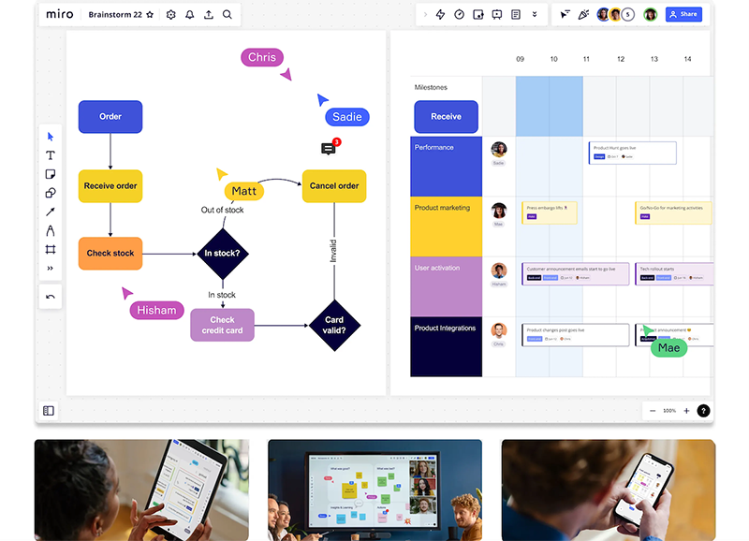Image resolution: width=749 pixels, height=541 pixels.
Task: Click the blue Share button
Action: [683, 14]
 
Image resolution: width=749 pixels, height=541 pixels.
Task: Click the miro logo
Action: [59, 14]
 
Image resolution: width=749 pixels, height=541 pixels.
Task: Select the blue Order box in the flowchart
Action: [110, 117]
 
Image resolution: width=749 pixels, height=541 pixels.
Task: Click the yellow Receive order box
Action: [110, 185]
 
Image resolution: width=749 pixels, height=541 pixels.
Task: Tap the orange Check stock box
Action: [110, 253]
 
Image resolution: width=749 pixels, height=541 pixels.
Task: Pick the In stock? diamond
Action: [222, 253]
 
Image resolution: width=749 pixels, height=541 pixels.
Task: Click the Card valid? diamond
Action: [334, 325]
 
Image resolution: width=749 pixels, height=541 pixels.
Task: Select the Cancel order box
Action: [334, 185]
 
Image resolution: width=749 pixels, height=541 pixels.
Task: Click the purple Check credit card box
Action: [222, 325]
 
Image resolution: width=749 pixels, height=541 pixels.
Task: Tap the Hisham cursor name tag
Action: [156, 311]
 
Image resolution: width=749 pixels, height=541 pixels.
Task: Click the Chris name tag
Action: [262, 57]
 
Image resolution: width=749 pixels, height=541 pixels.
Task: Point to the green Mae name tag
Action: [668, 348]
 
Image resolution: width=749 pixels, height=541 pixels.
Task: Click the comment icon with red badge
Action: [329, 149]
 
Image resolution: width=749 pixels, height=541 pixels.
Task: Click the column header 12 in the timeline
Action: [621, 59]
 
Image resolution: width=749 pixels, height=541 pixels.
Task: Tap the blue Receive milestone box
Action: [446, 117]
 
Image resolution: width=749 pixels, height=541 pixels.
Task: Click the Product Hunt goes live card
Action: [632, 152]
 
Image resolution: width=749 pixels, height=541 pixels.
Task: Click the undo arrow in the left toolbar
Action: [51, 297]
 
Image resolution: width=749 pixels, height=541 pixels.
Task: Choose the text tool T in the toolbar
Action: [51, 155]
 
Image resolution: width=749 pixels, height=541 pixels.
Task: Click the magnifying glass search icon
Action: [228, 15]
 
